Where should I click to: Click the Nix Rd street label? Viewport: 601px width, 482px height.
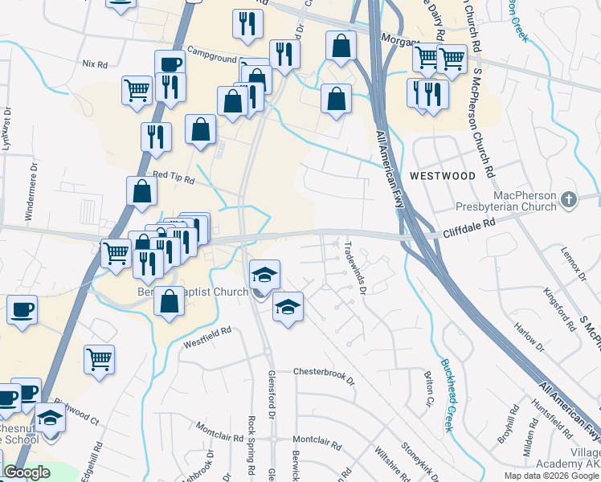tap(95, 63)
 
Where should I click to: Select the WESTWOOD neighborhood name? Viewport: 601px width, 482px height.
tap(442, 174)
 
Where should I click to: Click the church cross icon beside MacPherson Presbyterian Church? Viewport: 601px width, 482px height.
tap(569, 198)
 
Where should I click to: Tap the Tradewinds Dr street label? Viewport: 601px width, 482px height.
tap(355, 268)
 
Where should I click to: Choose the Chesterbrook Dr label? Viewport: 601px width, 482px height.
tap(323, 372)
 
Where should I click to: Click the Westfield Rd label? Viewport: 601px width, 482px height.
tap(207, 330)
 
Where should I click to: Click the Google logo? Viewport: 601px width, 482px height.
tap(26, 472)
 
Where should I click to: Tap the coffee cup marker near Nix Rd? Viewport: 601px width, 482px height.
tap(170, 64)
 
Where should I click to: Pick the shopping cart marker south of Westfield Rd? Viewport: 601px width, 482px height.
tap(99, 358)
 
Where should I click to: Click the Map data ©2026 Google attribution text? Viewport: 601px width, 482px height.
tap(551, 476)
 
